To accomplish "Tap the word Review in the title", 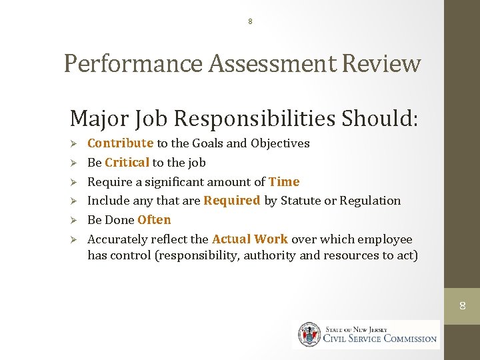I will pyautogui.click(x=382, y=63).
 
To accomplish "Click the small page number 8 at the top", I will pyautogui.click(x=250, y=21).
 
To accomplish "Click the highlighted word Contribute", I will pyautogui.click(x=120, y=143).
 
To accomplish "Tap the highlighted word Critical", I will pyautogui.click(x=127, y=163).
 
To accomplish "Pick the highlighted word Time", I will pyautogui.click(x=284, y=182).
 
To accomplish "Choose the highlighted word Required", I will pyautogui.click(x=231, y=201).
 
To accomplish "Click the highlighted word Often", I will pyautogui.click(x=154, y=220).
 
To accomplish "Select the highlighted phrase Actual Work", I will pyautogui.click(x=250, y=239).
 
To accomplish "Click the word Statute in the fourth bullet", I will pyautogui.click(x=299, y=201).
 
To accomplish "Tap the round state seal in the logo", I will pyautogui.click(x=309, y=334).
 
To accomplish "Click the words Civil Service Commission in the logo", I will pyautogui.click(x=380, y=338).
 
